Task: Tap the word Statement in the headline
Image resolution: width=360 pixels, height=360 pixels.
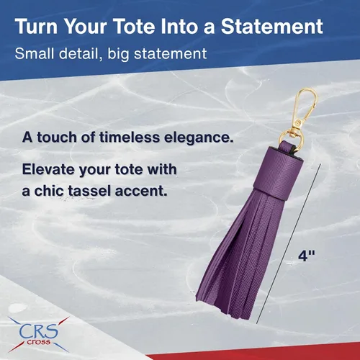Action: pyautogui.click(x=272, y=26)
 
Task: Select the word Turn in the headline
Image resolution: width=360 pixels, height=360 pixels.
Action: pyautogui.click(x=36, y=26)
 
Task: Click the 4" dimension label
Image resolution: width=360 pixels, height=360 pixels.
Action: pyautogui.click(x=307, y=256)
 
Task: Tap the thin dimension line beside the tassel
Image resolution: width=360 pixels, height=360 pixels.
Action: pyautogui.click(x=289, y=244)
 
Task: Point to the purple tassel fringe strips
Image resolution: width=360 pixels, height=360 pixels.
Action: pyautogui.click(x=240, y=254)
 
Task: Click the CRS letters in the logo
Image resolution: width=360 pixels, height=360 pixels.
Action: pyautogui.click(x=39, y=330)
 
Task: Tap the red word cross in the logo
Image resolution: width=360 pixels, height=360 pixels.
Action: pyautogui.click(x=39, y=342)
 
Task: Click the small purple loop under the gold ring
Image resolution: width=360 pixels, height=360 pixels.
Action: pyautogui.click(x=287, y=146)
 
